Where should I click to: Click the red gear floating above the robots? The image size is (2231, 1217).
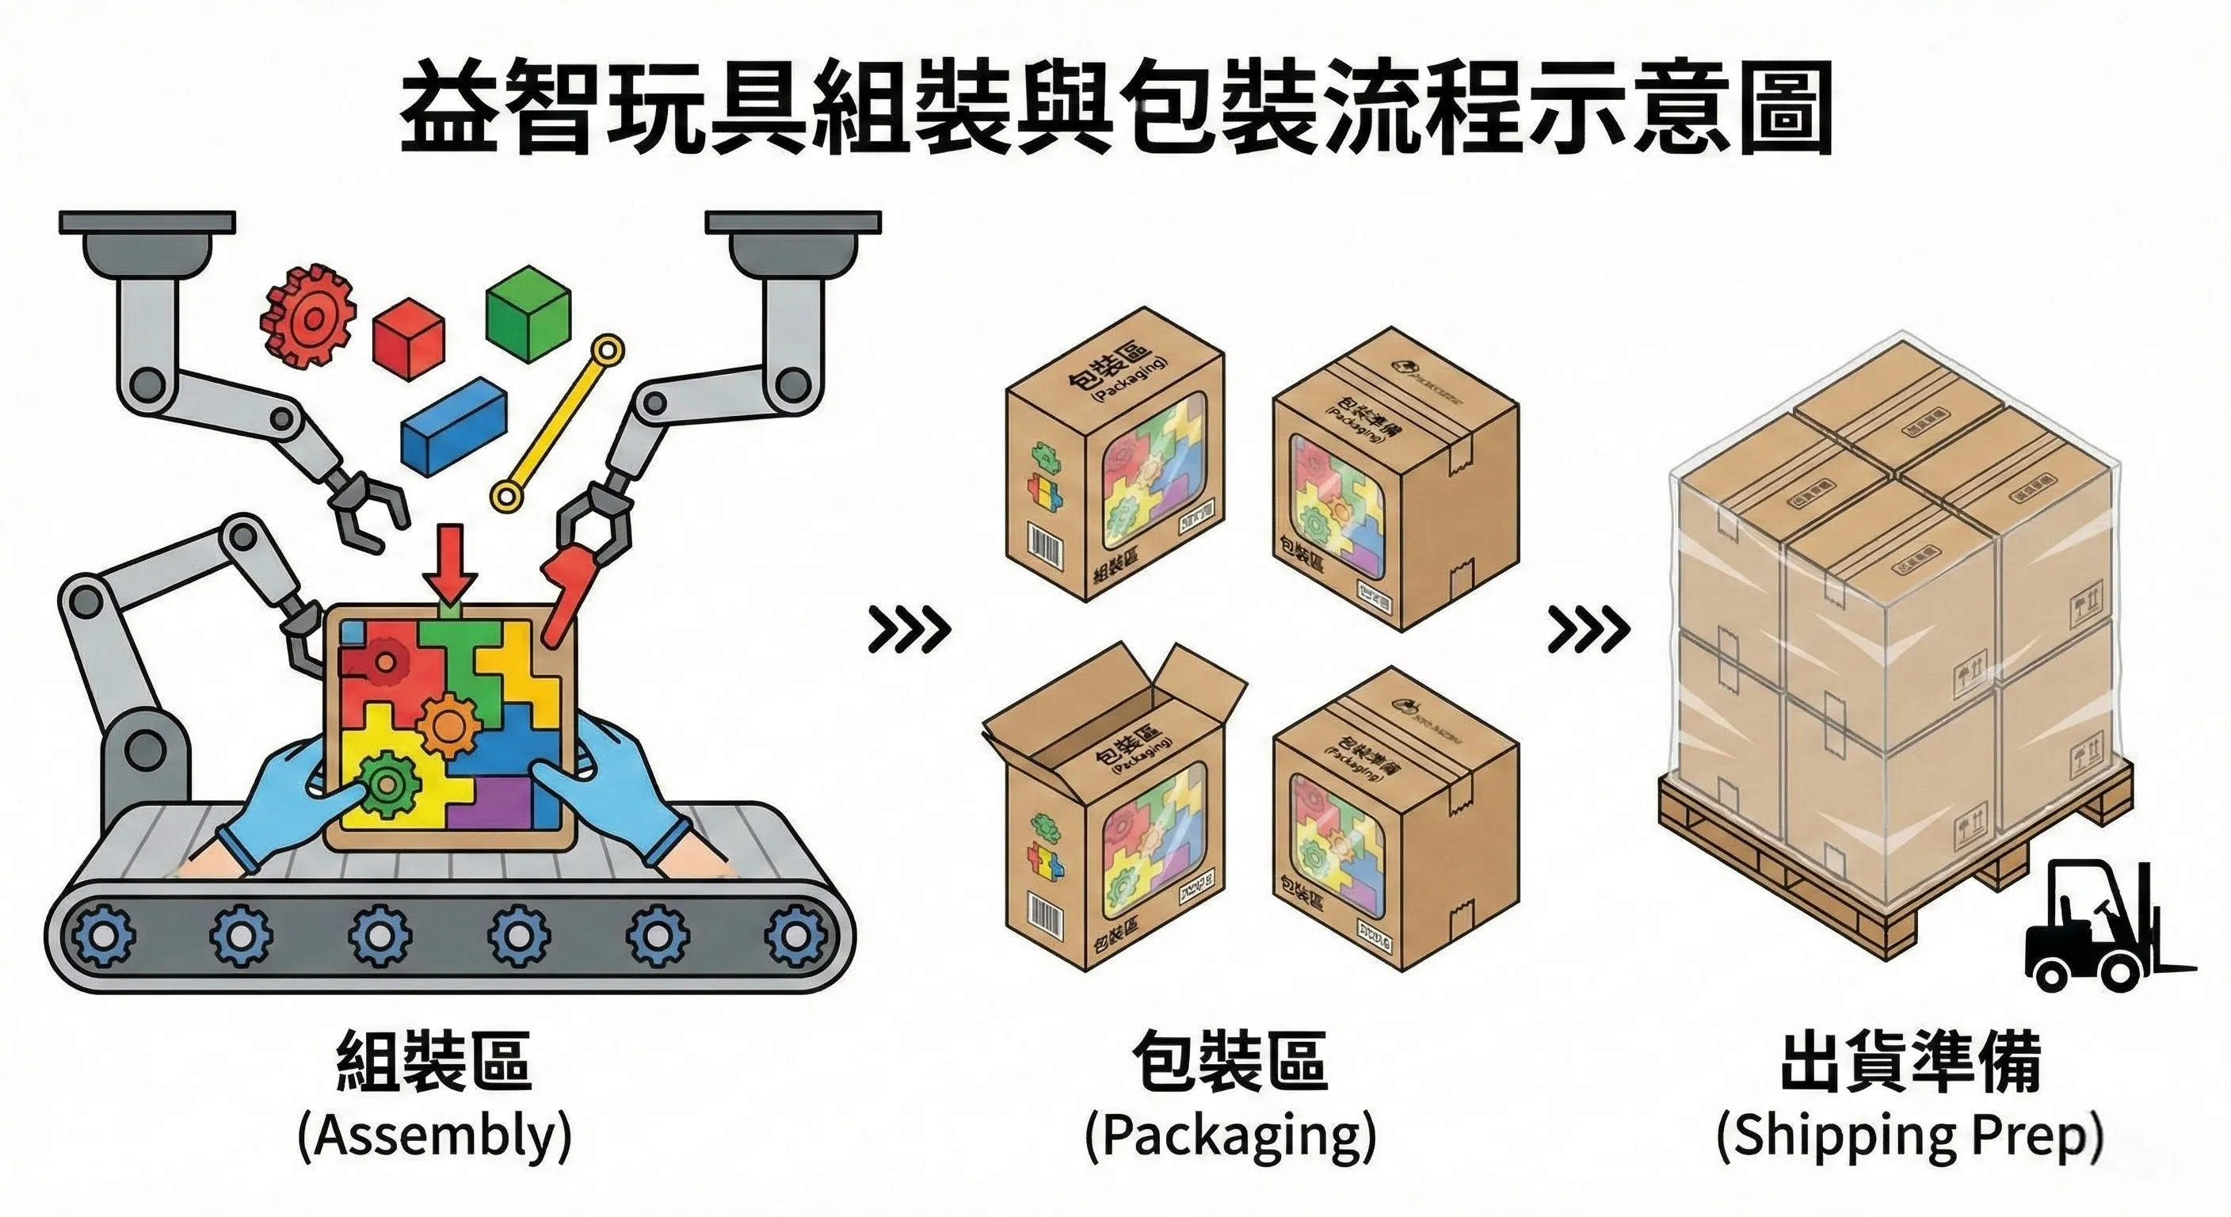(308, 316)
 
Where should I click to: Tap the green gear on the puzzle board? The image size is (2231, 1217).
(383, 784)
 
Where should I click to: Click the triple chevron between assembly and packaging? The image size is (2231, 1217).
(909, 631)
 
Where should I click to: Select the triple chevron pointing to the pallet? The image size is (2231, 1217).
(1588, 631)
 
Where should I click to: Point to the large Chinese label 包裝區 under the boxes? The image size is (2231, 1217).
(1229, 1061)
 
